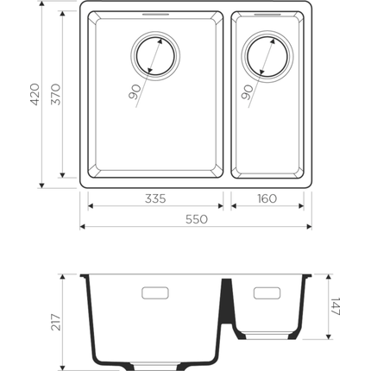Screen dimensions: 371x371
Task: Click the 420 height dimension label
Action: [35, 95]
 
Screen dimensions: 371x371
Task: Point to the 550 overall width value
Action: [196, 220]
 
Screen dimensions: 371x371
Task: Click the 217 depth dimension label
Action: [55, 323]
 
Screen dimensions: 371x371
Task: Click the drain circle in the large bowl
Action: [156, 57]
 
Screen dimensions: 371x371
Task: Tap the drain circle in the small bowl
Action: [265, 57]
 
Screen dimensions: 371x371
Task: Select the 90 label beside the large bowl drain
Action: [135, 91]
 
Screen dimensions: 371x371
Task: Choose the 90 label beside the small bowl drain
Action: [248, 91]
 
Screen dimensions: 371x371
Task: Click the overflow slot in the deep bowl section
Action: [154, 293]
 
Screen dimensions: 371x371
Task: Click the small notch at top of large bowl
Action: [156, 15]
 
